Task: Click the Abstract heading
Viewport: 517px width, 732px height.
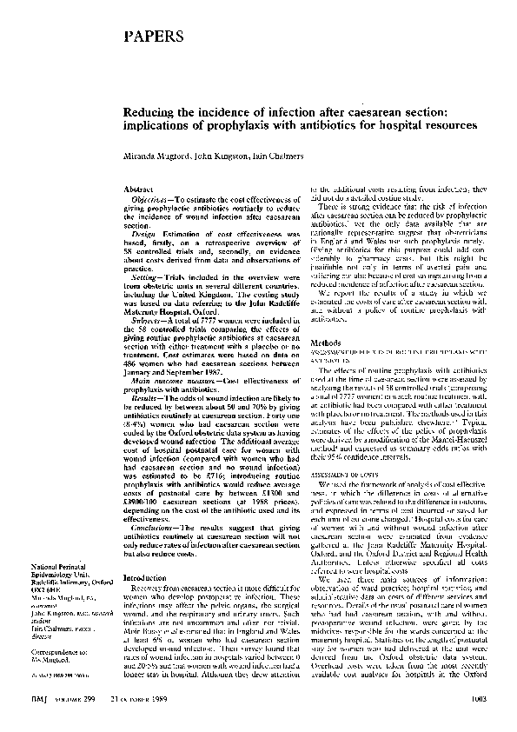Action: [x=140, y=189]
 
